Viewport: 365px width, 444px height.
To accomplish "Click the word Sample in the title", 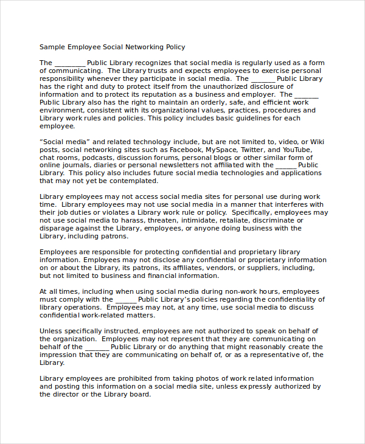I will point(52,47).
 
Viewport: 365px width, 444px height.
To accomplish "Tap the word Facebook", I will point(186,149).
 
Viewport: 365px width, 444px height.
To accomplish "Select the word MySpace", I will point(221,149).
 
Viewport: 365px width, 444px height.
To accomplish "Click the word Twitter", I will point(253,149).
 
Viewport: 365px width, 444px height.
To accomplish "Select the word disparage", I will point(57,228).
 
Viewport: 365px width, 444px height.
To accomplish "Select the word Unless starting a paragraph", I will point(51,331).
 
